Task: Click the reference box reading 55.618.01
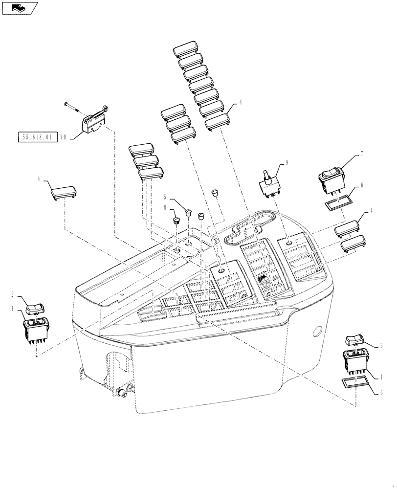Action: tap(37, 137)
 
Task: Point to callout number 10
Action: tap(63, 137)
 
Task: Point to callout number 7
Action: tap(361, 154)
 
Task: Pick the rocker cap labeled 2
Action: tap(36, 308)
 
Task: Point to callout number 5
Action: tap(165, 198)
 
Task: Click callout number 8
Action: tap(165, 208)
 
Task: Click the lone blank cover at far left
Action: tap(63, 193)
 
